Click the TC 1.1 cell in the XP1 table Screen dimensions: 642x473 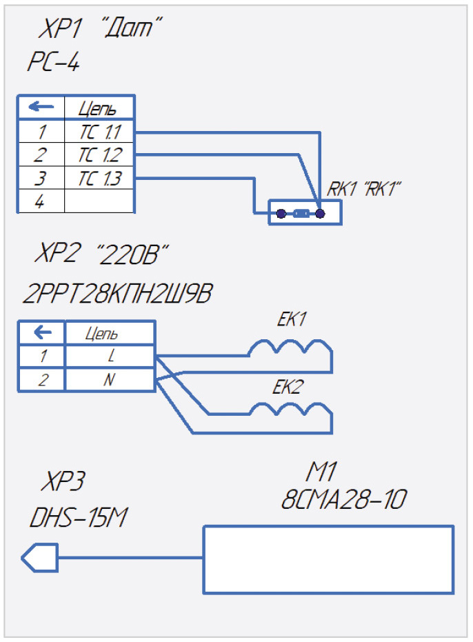(x=99, y=132)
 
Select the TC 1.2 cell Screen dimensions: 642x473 (x=99, y=154)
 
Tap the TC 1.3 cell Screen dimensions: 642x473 (x=99, y=178)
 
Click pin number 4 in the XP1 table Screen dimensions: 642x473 (x=41, y=201)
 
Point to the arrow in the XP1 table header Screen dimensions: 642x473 (x=41, y=108)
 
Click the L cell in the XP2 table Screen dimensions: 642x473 (x=110, y=357)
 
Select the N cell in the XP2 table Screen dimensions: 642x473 (x=110, y=379)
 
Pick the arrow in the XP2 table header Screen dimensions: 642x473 (x=42, y=333)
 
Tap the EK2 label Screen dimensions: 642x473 (x=288, y=388)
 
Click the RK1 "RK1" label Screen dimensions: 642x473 (x=363, y=189)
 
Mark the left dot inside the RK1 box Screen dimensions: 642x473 (x=281, y=214)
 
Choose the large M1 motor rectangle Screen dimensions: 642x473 (x=328, y=559)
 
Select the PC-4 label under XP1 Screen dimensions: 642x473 (x=53, y=64)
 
